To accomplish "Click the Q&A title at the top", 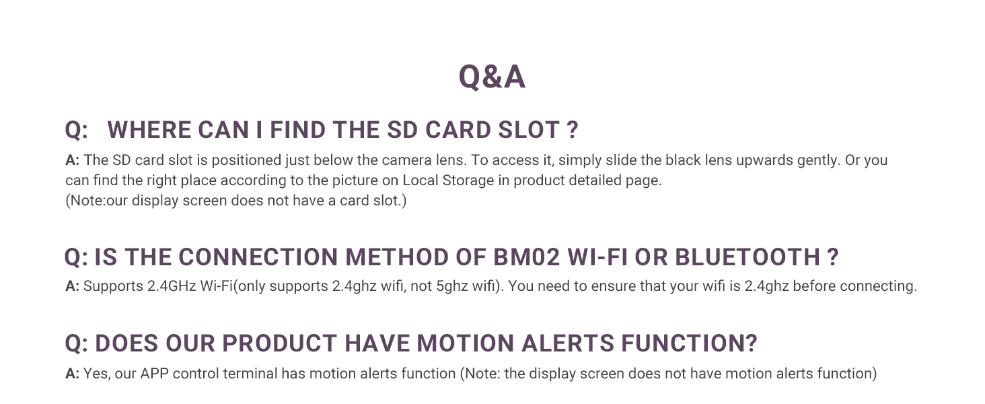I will tap(492, 77).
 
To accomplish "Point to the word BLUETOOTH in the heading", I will tap(746, 257).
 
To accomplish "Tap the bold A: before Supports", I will tap(72, 285).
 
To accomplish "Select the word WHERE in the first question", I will tap(149, 130).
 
